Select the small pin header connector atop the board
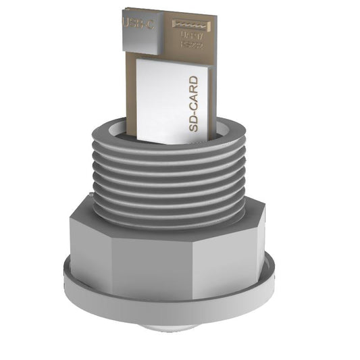point(191,24)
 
